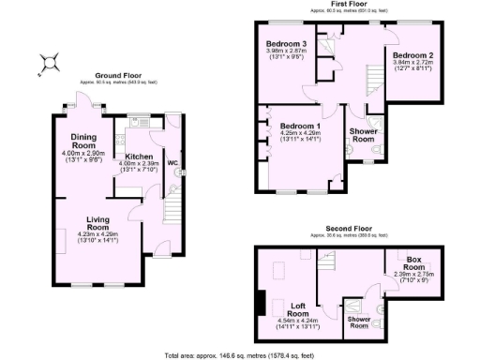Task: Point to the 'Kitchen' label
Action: (132, 157)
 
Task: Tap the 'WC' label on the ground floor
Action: (172, 163)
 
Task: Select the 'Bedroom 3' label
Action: (286, 44)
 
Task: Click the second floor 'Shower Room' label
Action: (360, 324)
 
